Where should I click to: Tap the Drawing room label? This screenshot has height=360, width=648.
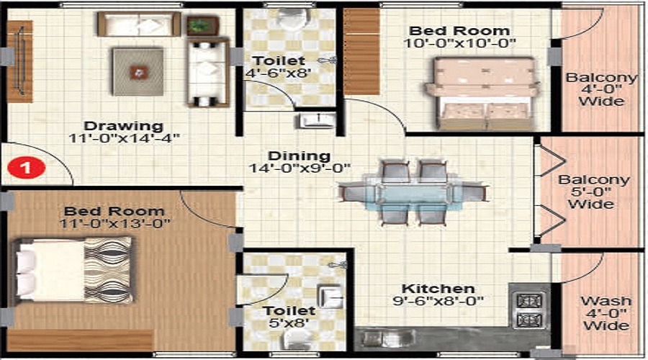(x=122, y=125)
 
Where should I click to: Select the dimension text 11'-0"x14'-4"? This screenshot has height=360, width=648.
(x=124, y=138)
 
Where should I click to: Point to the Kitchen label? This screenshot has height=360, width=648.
(x=428, y=288)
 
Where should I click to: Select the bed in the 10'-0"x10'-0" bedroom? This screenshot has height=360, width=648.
(x=480, y=94)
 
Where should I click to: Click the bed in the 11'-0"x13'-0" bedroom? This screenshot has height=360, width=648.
(x=72, y=270)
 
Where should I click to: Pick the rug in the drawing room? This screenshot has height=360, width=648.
(x=138, y=71)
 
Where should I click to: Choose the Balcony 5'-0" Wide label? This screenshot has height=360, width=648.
(x=594, y=192)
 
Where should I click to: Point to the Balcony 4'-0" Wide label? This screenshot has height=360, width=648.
(x=601, y=89)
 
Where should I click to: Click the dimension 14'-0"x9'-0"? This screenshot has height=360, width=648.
(x=299, y=169)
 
